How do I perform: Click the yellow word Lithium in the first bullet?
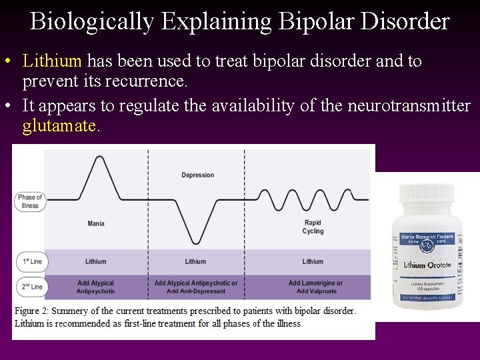(51, 61)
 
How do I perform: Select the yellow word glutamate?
(59, 125)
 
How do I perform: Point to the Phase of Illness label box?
(30, 201)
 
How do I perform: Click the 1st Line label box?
(31, 261)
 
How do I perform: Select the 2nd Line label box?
(31, 287)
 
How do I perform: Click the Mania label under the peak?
(96, 223)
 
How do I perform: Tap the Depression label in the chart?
(197, 175)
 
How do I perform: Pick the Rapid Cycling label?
(313, 227)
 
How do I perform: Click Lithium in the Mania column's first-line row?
(96, 261)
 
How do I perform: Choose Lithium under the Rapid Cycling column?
(313, 261)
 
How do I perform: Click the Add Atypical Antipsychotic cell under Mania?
(96, 287)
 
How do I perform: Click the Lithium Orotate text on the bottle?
(427, 265)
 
